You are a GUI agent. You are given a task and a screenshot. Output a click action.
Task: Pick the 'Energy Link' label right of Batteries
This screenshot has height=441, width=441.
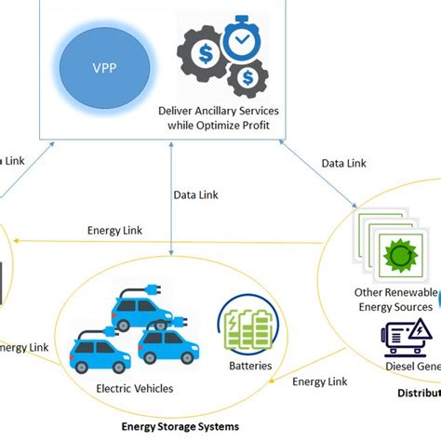pyautogui.click(x=321, y=381)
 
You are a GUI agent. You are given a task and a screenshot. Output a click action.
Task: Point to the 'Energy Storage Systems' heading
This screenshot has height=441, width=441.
pyautogui.click(x=180, y=426)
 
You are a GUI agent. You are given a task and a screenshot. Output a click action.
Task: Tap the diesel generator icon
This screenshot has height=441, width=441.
pyautogui.click(x=407, y=340)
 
